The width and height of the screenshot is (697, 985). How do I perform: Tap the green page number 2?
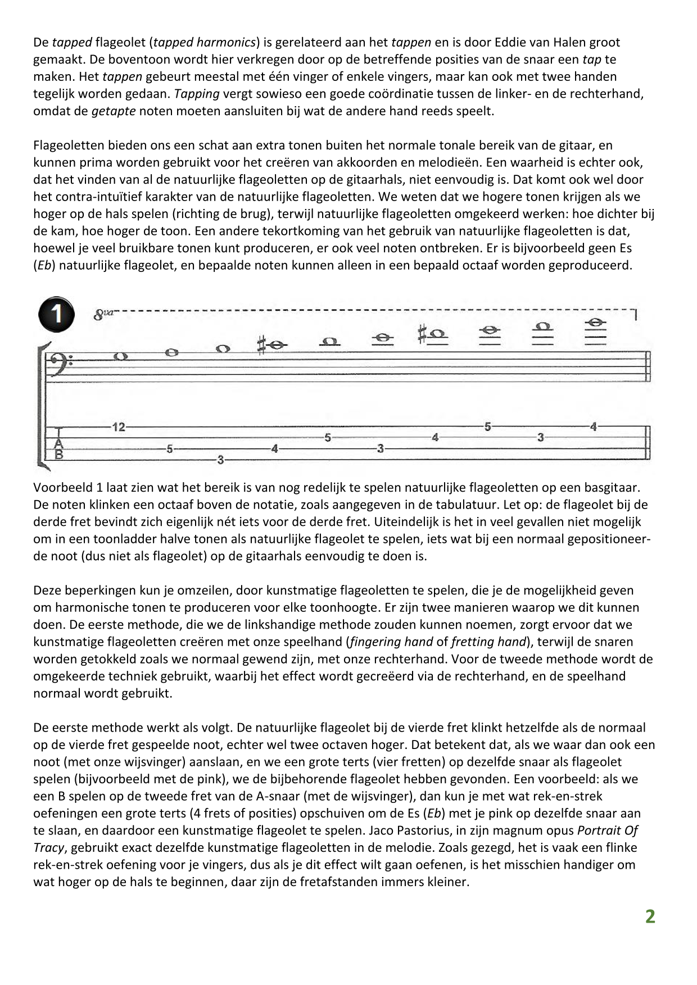pos(650,916)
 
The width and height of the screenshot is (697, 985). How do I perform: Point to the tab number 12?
pos(118,427)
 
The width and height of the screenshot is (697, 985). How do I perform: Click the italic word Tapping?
pos(197,93)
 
